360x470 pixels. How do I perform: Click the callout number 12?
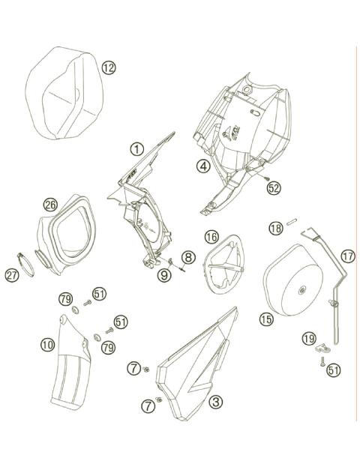tap(109, 67)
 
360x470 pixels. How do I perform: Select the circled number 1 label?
tap(136, 148)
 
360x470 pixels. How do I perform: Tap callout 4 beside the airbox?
tap(203, 166)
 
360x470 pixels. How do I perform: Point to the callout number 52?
tap(273, 188)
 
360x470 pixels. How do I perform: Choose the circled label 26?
tap(50, 205)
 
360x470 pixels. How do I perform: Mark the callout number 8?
tap(187, 257)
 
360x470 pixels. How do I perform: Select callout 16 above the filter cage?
tap(211, 237)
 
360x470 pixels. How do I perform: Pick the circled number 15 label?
tap(265, 319)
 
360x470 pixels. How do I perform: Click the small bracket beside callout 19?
tap(323, 347)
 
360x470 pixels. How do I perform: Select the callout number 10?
tap(47, 344)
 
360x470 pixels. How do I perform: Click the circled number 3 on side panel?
tap(215, 403)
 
